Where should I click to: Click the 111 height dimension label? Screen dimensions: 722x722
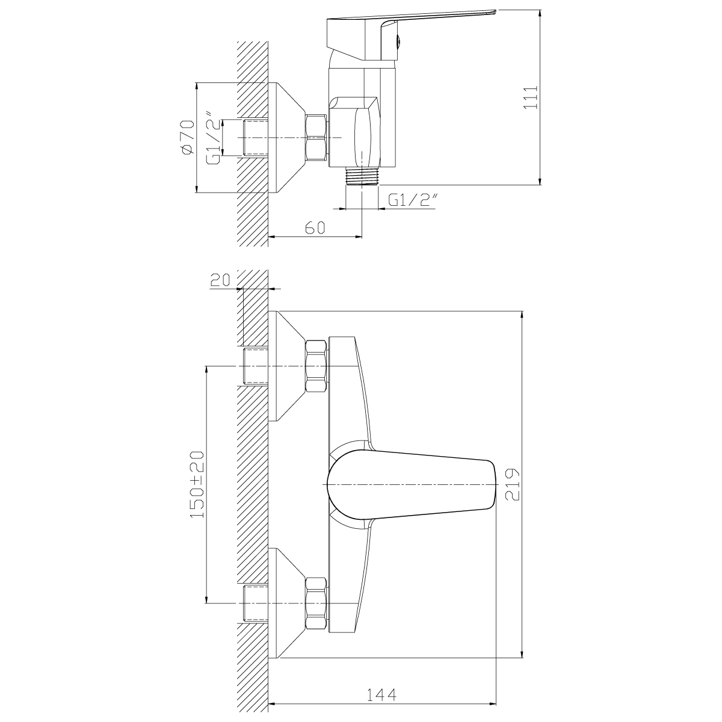click(x=531, y=98)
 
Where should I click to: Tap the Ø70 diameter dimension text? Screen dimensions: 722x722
click(x=187, y=137)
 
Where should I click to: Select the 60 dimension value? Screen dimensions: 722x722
click(x=315, y=227)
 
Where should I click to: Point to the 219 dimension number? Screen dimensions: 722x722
click(x=512, y=484)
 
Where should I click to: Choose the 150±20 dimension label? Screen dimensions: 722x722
click(x=197, y=484)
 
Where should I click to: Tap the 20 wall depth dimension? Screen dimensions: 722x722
click(x=220, y=280)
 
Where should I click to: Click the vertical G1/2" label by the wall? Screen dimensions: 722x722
click(x=214, y=137)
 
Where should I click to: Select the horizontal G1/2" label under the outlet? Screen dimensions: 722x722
click(x=413, y=200)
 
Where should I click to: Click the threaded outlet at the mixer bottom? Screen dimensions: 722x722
click(x=363, y=176)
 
